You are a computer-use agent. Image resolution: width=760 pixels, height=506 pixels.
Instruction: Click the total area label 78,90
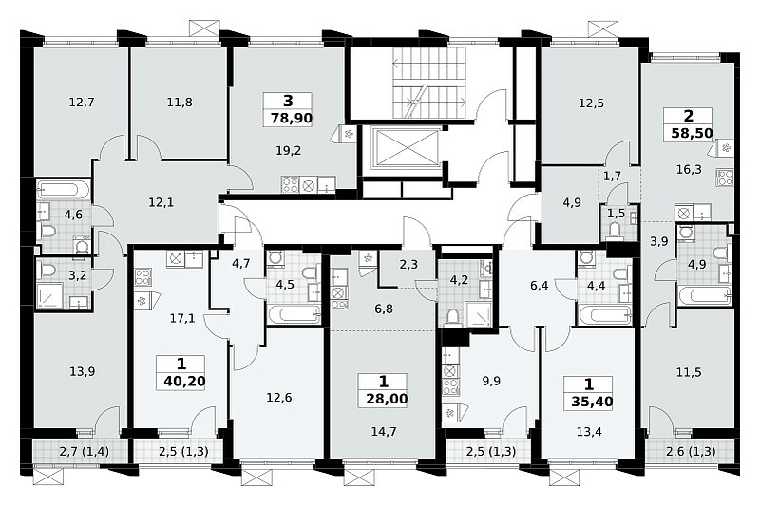[291, 118]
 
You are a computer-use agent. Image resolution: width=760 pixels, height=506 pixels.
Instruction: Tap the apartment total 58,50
[692, 133]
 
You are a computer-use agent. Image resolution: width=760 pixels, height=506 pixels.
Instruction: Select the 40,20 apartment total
[184, 381]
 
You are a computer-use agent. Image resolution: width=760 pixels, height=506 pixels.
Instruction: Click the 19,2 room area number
[289, 151]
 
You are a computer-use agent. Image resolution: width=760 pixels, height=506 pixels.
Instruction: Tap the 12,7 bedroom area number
[82, 103]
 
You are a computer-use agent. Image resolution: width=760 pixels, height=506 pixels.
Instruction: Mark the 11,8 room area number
[180, 103]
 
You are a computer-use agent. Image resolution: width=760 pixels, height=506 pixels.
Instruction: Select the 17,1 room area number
[182, 318]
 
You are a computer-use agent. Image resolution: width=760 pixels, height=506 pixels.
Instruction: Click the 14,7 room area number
[384, 431]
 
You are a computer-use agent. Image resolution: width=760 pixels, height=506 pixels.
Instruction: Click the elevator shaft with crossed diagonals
[406, 148]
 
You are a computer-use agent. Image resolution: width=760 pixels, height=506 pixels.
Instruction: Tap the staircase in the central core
[429, 83]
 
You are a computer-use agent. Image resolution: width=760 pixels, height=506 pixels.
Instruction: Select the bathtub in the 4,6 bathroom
[64, 190]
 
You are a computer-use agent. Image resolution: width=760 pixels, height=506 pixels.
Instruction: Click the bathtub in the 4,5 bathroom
[294, 314]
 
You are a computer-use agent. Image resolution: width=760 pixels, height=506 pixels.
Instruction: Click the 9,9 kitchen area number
[491, 381]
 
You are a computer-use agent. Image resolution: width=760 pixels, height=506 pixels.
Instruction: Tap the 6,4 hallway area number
[539, 285]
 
